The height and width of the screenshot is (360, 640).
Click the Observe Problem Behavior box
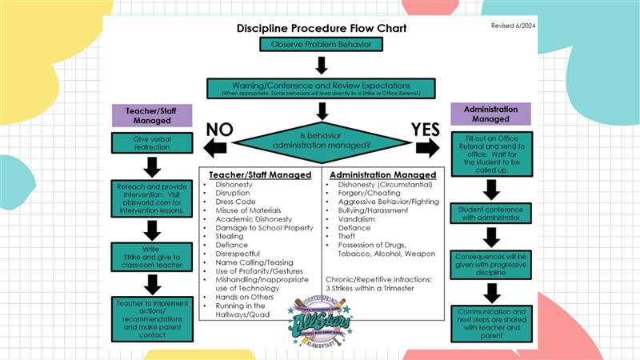coord(320,44)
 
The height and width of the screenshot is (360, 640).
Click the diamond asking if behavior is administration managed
coord(320,141)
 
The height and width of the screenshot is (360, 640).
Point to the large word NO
coord(221,130)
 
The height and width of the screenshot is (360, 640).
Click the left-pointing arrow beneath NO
coord(215,148)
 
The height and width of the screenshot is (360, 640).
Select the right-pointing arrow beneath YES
coord(427,148)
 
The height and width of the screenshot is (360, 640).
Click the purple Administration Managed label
coord(491,114)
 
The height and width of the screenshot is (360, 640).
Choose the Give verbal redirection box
coord(151,143)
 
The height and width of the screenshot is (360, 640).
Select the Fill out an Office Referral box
coord(491,154)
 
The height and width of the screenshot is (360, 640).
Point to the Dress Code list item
coord(234,202)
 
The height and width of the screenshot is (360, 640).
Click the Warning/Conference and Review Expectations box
coord(320,87)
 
